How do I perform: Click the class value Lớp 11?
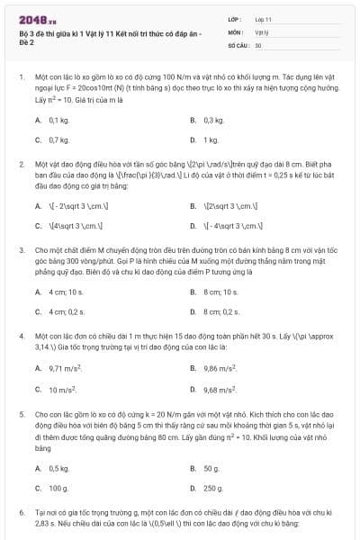point(264,18)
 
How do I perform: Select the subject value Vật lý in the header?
point(262,31)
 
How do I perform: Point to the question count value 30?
point(258,44)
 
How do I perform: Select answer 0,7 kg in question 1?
point(58,139)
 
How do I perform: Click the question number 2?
point(22,165)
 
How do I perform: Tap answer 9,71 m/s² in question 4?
point(67,368)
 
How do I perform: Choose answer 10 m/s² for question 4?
point(63,390)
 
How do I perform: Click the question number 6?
point(22,511)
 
